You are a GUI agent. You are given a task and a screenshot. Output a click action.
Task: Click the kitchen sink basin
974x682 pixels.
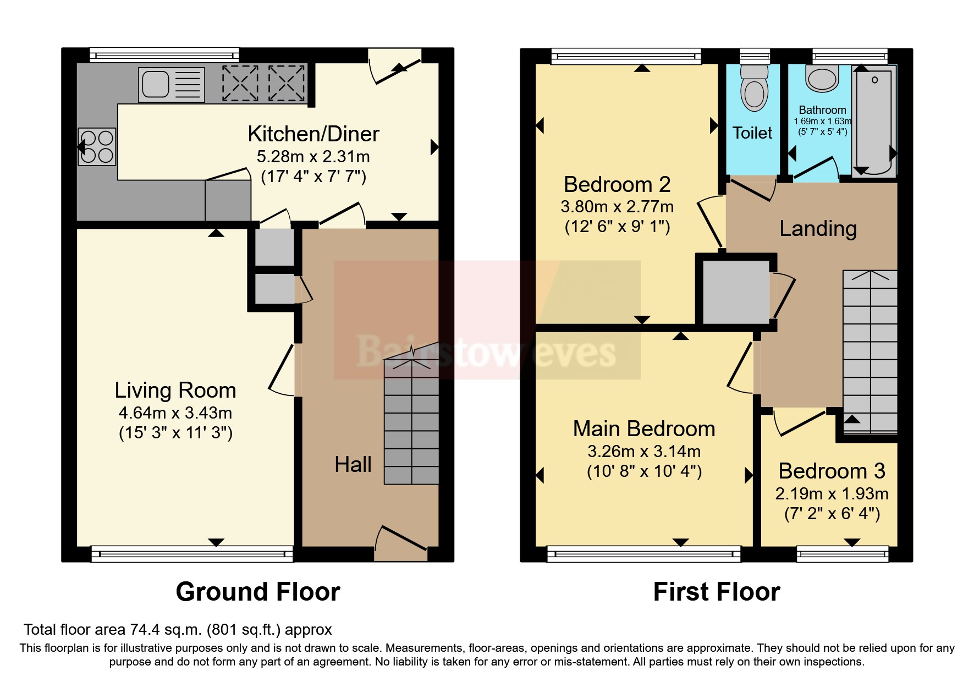(156, 85)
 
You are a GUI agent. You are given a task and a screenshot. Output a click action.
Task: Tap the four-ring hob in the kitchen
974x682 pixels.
(97, 147)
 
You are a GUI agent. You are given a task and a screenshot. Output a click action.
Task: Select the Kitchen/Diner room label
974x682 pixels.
(313, 134)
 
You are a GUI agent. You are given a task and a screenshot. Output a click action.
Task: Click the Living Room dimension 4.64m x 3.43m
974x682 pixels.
(175, 413)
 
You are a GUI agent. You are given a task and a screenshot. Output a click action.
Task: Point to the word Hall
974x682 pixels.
(353, 465)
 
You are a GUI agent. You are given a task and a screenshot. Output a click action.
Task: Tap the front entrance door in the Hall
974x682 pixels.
(401, 542)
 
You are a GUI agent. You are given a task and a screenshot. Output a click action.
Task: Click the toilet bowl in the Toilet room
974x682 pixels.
(754, 91)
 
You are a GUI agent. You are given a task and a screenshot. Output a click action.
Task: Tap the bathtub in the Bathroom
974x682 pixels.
(874, 121)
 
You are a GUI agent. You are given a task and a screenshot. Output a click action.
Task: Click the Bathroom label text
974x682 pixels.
(822, 110)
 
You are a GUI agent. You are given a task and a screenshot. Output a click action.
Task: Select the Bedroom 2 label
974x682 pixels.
(617, 185)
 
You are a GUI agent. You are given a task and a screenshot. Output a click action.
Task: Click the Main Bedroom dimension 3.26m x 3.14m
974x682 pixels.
(644, 452)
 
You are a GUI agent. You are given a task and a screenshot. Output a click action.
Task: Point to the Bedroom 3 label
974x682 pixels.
(832, 471)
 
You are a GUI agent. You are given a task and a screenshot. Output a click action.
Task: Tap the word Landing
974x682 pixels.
(818, 229)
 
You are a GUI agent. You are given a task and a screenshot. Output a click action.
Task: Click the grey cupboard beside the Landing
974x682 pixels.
(736, 291)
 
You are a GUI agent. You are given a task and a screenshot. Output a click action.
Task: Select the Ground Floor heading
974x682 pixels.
(258, 592)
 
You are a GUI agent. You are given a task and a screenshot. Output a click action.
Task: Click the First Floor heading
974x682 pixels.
(716, 592)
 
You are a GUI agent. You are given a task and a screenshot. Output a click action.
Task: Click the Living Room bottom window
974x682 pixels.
(192, 554)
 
